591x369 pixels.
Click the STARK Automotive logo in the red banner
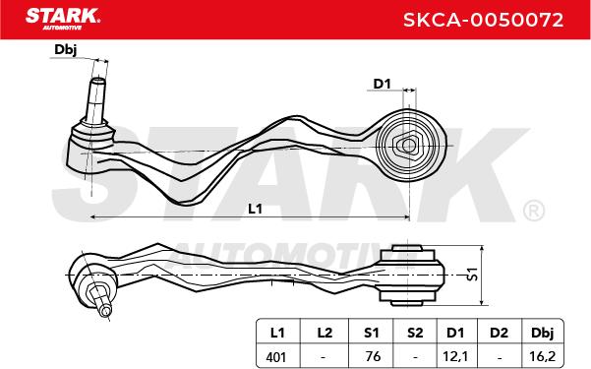click(x=63, y=19)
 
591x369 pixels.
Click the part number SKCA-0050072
click(x=483, y=20)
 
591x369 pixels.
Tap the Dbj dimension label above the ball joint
click(x=66, y=49)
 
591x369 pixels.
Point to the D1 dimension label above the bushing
click(x=382, y=84)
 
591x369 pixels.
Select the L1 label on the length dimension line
click(x=255, y=209)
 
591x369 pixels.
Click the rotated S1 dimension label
click(x=472, y=275)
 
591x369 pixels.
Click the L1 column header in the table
click(x=277, y=333)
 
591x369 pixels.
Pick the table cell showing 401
click(x=276, y=356)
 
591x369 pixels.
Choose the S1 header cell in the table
click(x=372, y=333)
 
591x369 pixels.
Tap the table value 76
click(x=373, y=356)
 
